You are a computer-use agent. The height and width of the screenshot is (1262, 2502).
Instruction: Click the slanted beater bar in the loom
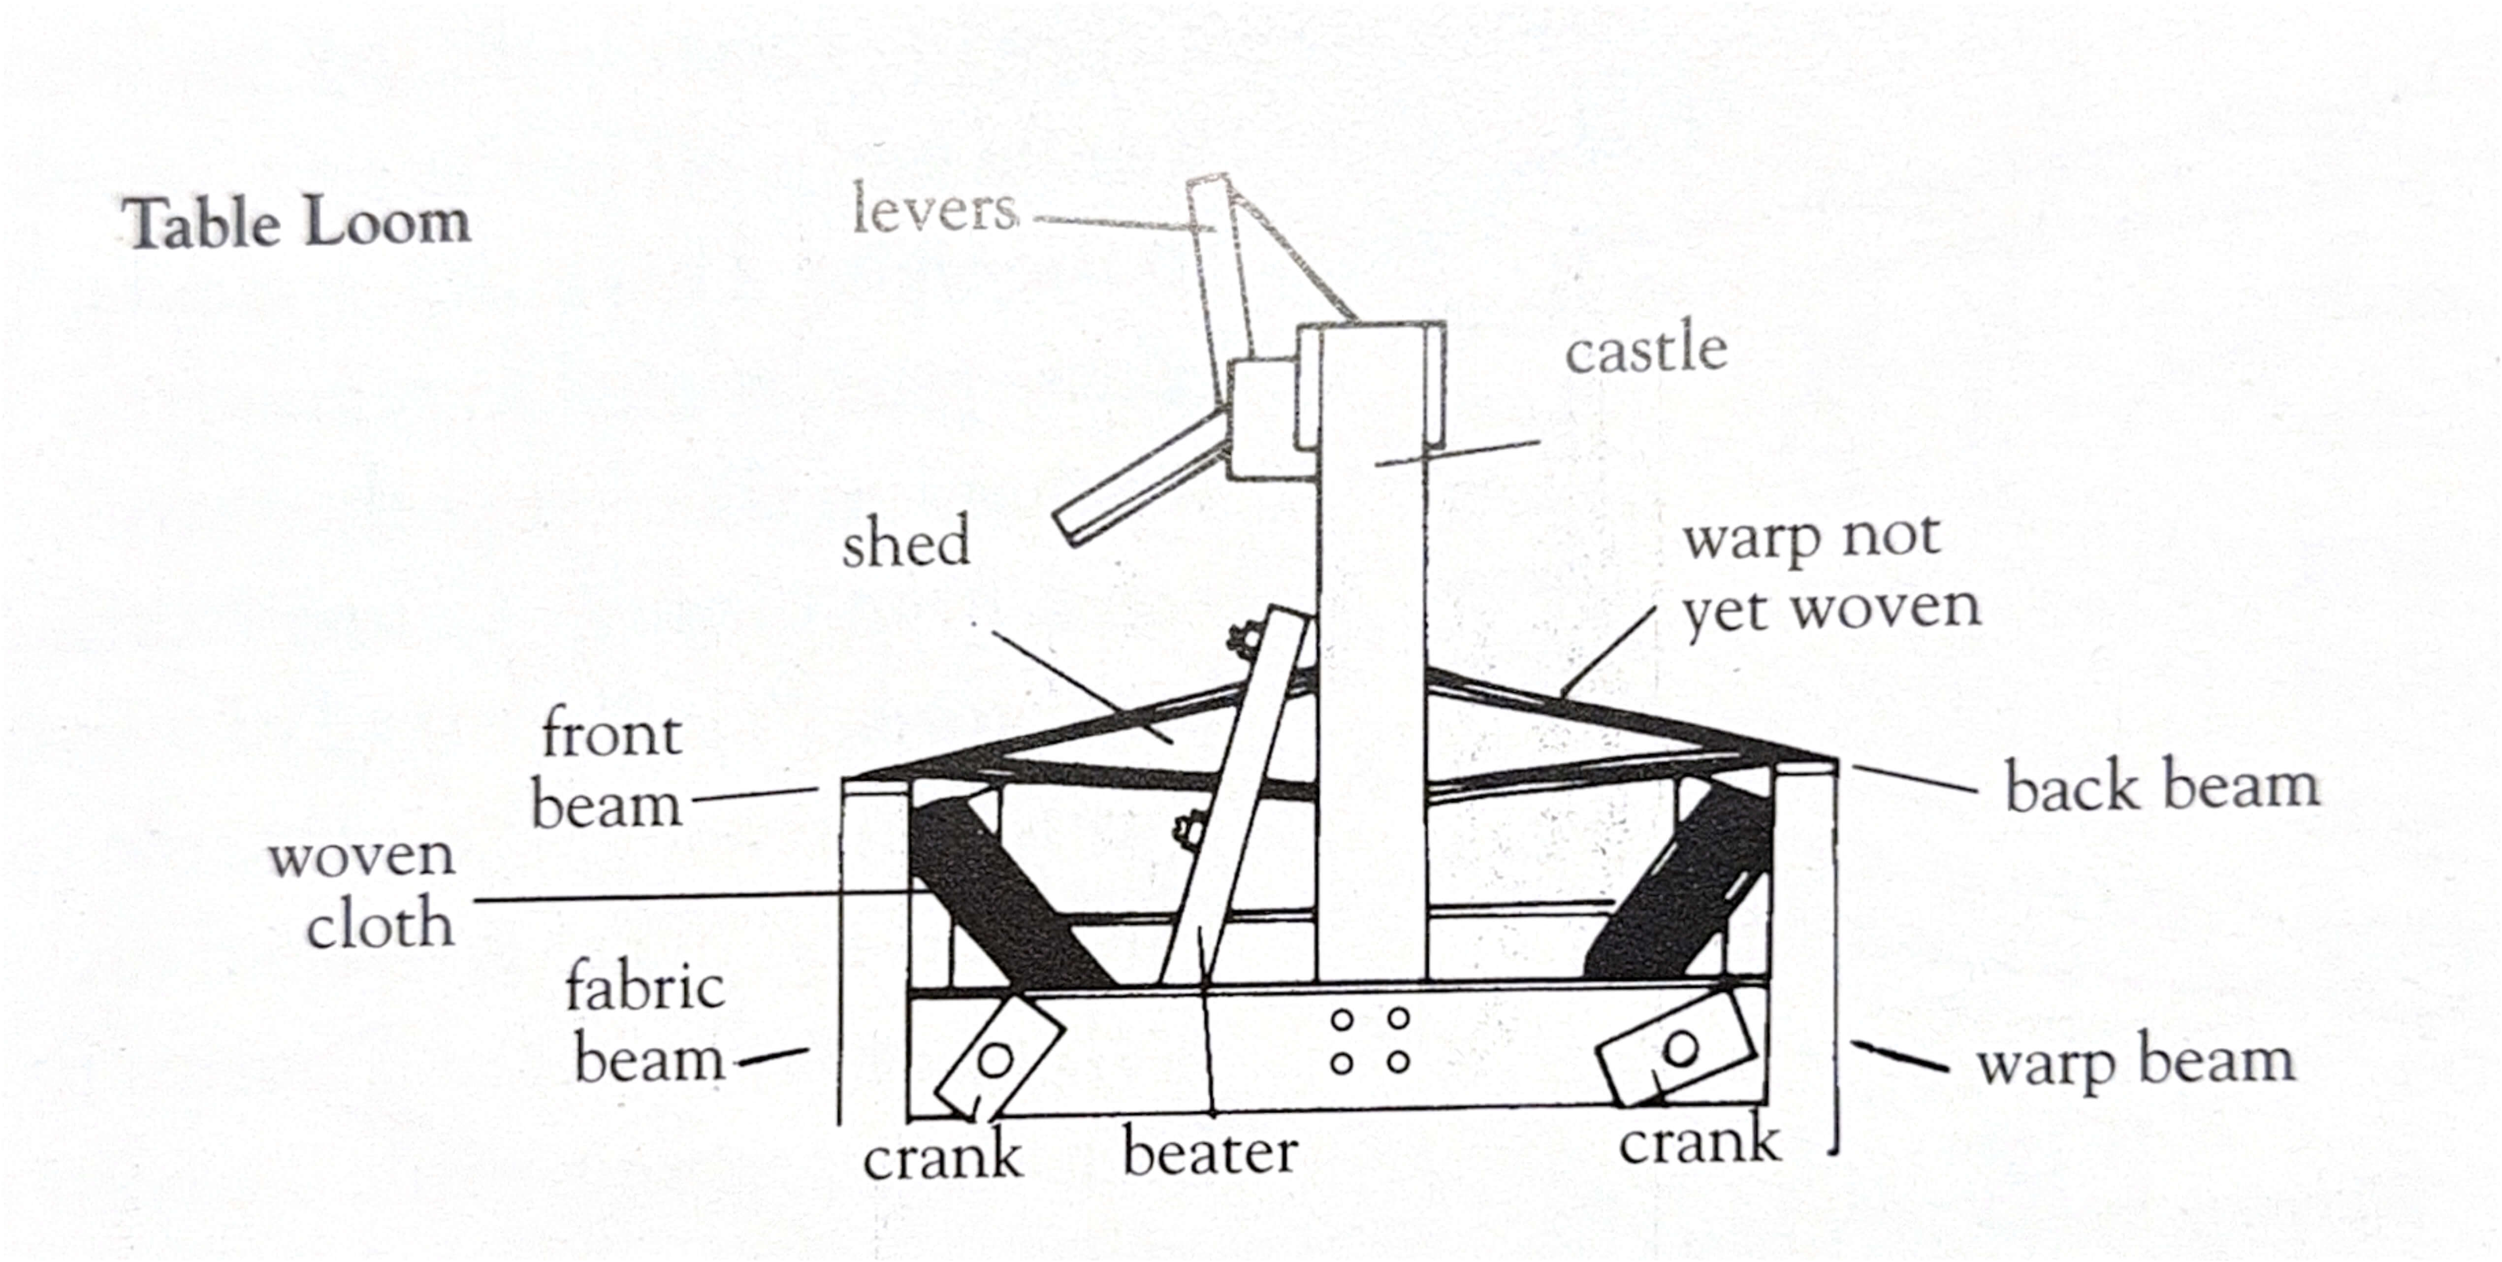pyautogui.click(x=1232, y=797)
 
